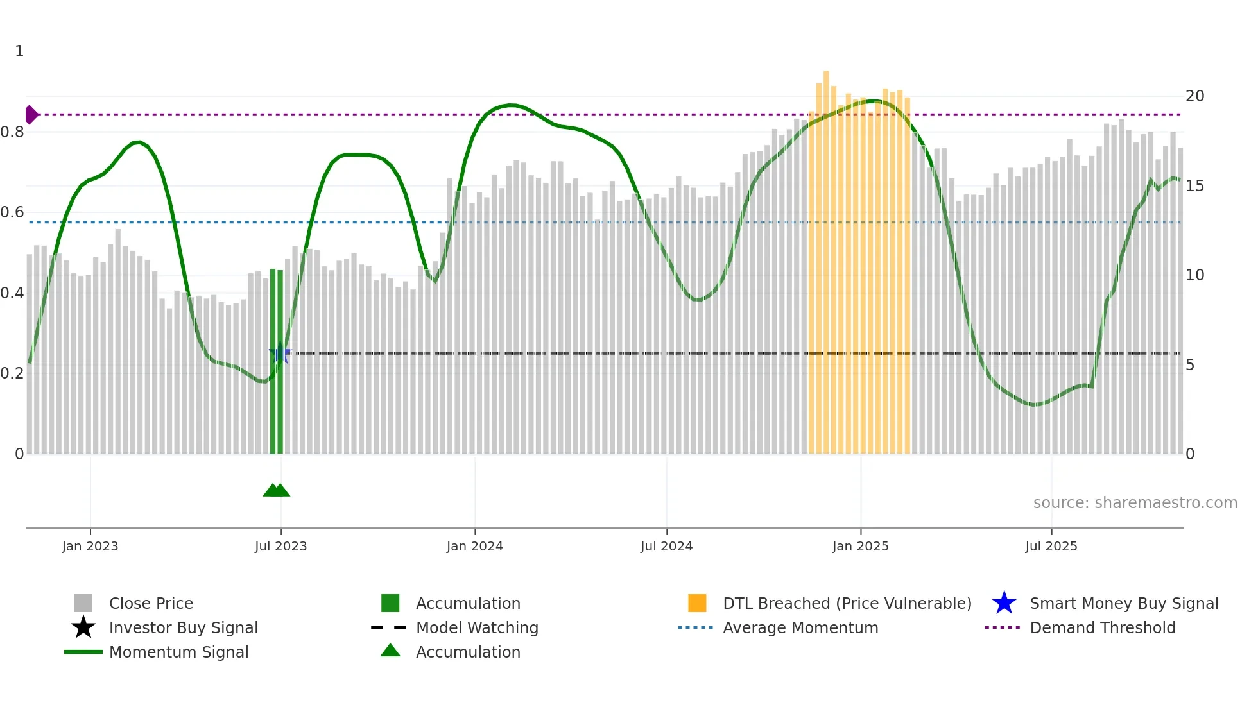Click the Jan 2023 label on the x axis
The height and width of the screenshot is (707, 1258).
coord(90,547)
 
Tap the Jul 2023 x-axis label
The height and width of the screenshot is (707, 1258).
coord(280,547)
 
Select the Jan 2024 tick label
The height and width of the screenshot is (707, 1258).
coord(474,547)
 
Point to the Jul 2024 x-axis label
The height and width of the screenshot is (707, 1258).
coord(666,547)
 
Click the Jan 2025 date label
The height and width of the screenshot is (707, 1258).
coord(860,547)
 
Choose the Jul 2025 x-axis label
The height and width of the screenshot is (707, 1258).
coord(1051,547)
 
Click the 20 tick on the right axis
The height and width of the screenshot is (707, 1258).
coord(1194,96)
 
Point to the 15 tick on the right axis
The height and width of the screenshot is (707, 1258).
coord(1194,186)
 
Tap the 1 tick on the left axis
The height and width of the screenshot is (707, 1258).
coord(19,51)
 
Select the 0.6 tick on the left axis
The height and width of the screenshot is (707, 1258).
coord(13,212)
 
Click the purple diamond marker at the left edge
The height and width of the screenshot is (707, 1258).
coord(31,115)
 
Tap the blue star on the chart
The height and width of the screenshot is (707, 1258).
coord(280,353)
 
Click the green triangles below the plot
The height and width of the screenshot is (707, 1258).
coord(277,490)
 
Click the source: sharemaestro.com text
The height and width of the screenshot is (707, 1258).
coord(1135,503)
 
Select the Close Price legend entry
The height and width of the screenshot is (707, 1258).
coord(151,604)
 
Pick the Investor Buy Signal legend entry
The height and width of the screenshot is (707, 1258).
coord(183,628)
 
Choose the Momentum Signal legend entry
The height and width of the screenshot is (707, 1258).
coord(178,652)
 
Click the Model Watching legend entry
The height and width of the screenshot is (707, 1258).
coord(477,628)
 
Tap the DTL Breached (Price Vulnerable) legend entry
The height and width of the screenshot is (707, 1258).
coord(847,604)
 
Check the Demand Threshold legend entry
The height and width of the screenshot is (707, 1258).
coord(1102,628)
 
